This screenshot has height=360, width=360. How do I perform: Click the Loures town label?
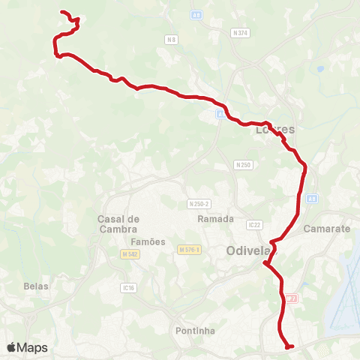click(x=276, y=129)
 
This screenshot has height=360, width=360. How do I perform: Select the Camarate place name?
click(x=328, y=229)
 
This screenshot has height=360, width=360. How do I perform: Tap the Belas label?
click(x=36, y=286)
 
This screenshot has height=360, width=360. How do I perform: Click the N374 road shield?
click(x=241, y=32)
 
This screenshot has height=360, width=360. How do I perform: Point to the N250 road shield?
click(x=243, y=164)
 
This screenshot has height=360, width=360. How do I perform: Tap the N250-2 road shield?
click(x=199, y=204)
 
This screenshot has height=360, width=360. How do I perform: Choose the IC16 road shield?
click(x=128, y=286)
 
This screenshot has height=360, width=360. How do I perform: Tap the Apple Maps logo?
click(x=26, y=347)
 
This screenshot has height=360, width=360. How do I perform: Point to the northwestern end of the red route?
click(x=61, y=12)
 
